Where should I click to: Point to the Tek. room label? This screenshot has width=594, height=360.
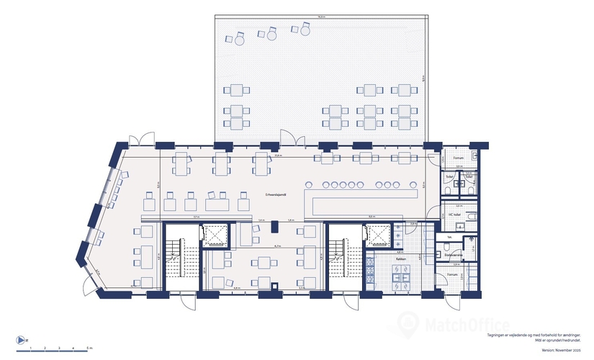click(x=449, y=237)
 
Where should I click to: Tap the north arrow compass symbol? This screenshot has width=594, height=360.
click(x=20, y=340)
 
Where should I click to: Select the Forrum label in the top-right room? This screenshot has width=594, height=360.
click(x=457, y=158)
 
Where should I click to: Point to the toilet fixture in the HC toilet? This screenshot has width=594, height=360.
click(x=472, y=216)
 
